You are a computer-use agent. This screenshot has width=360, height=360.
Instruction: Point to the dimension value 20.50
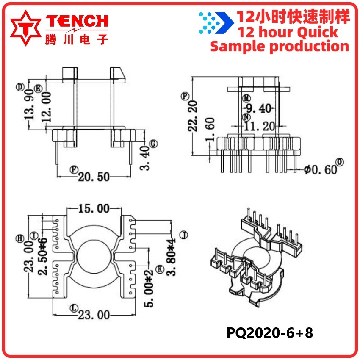[x=94, y=177]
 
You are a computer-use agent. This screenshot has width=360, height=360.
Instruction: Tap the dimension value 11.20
[x=259, y=126]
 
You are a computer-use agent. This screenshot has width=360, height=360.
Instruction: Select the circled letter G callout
[x=154, y=144]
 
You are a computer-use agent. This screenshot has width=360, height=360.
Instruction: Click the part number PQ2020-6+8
[x=270, y=333]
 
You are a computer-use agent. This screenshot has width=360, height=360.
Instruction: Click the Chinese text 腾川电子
[x=76, y=39]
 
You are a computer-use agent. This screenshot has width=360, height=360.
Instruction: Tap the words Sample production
[x=280, y=46]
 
